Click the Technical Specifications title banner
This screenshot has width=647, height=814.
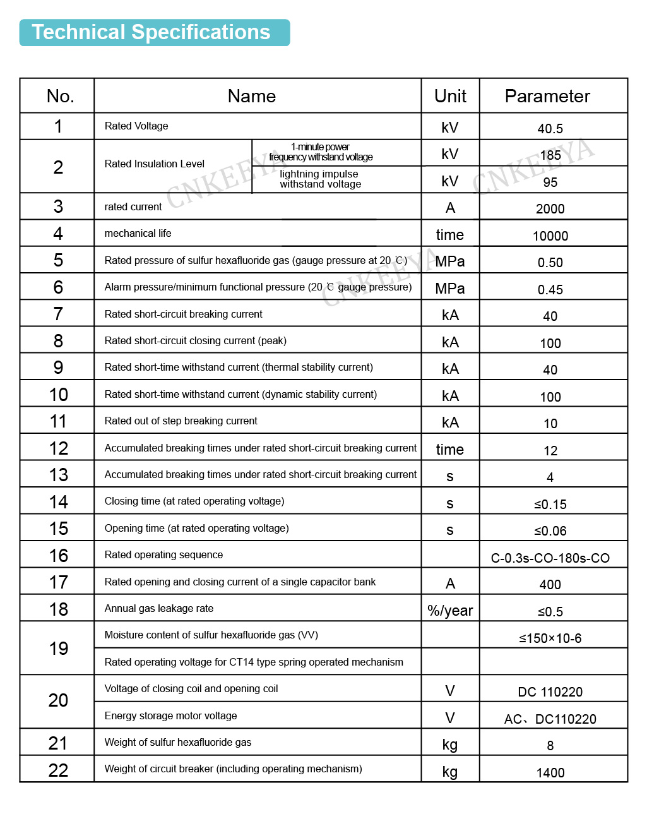coord(154,32)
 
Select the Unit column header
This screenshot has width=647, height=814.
coord(450,96)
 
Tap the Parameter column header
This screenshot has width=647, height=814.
coord(547,96)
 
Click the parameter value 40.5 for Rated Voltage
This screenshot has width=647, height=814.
coord(550,129)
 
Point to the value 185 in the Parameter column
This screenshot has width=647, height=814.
coord(550,155)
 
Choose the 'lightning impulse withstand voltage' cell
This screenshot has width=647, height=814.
coord(321,179)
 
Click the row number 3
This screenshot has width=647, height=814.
coord(58,206)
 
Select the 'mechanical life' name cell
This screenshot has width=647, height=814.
coord(138,234)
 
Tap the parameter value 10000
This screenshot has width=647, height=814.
coord(550,236)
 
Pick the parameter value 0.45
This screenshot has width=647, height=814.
coord(550,290)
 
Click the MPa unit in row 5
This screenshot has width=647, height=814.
coord(450,261)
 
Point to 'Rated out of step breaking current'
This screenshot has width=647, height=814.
coord(181,421)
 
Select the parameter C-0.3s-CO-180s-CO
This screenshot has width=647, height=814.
coord(550,558)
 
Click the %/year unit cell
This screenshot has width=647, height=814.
coord(450,611)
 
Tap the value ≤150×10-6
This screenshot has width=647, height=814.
coord(550,638)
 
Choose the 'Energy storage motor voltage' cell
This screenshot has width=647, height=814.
coord(171,716)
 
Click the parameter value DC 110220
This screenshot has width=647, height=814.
coord(550,692)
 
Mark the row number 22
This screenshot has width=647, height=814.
coord(58,770)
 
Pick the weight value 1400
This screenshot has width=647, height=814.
coord(550,773)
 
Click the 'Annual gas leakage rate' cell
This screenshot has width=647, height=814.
coord(159,609)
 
